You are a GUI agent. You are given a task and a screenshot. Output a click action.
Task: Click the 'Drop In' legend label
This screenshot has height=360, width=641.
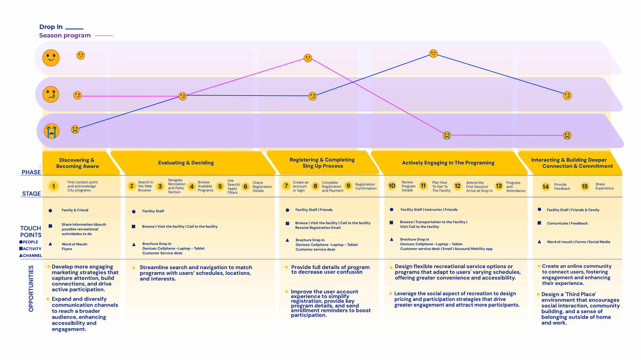51,27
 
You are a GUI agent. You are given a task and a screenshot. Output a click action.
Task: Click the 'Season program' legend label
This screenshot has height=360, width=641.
65,35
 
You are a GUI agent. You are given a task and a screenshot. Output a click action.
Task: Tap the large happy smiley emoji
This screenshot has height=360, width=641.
51,58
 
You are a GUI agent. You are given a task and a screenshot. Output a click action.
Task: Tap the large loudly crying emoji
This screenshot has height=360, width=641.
52,131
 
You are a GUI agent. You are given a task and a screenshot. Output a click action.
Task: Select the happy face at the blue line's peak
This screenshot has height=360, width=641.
433,54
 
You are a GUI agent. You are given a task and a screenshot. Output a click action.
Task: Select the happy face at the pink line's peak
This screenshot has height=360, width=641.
308,58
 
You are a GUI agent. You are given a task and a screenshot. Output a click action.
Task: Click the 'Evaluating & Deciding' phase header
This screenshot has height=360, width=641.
186,163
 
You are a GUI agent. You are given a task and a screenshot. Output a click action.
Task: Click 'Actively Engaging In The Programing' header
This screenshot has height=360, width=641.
448,163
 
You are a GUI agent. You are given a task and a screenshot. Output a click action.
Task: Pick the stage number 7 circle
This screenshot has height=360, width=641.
286,186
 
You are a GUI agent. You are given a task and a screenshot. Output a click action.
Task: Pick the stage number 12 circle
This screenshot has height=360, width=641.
457,186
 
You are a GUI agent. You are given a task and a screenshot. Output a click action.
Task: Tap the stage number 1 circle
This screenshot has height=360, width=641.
54,187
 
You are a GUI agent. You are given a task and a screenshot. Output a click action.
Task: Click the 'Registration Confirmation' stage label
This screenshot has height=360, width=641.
366,186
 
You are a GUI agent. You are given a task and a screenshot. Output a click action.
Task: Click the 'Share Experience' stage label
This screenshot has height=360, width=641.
604,186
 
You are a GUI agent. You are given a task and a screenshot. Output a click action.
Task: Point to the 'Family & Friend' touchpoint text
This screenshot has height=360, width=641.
75,210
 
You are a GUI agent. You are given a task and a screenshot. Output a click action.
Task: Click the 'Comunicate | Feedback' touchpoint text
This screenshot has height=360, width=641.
567,223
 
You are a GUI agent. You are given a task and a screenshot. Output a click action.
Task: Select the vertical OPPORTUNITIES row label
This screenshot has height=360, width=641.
31,288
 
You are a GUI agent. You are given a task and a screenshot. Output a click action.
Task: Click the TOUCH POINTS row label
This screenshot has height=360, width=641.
31,232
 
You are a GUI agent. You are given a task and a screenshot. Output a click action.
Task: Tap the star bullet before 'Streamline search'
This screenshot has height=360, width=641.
134,268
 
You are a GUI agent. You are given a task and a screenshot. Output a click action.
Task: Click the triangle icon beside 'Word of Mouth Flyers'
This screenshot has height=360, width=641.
50,244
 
